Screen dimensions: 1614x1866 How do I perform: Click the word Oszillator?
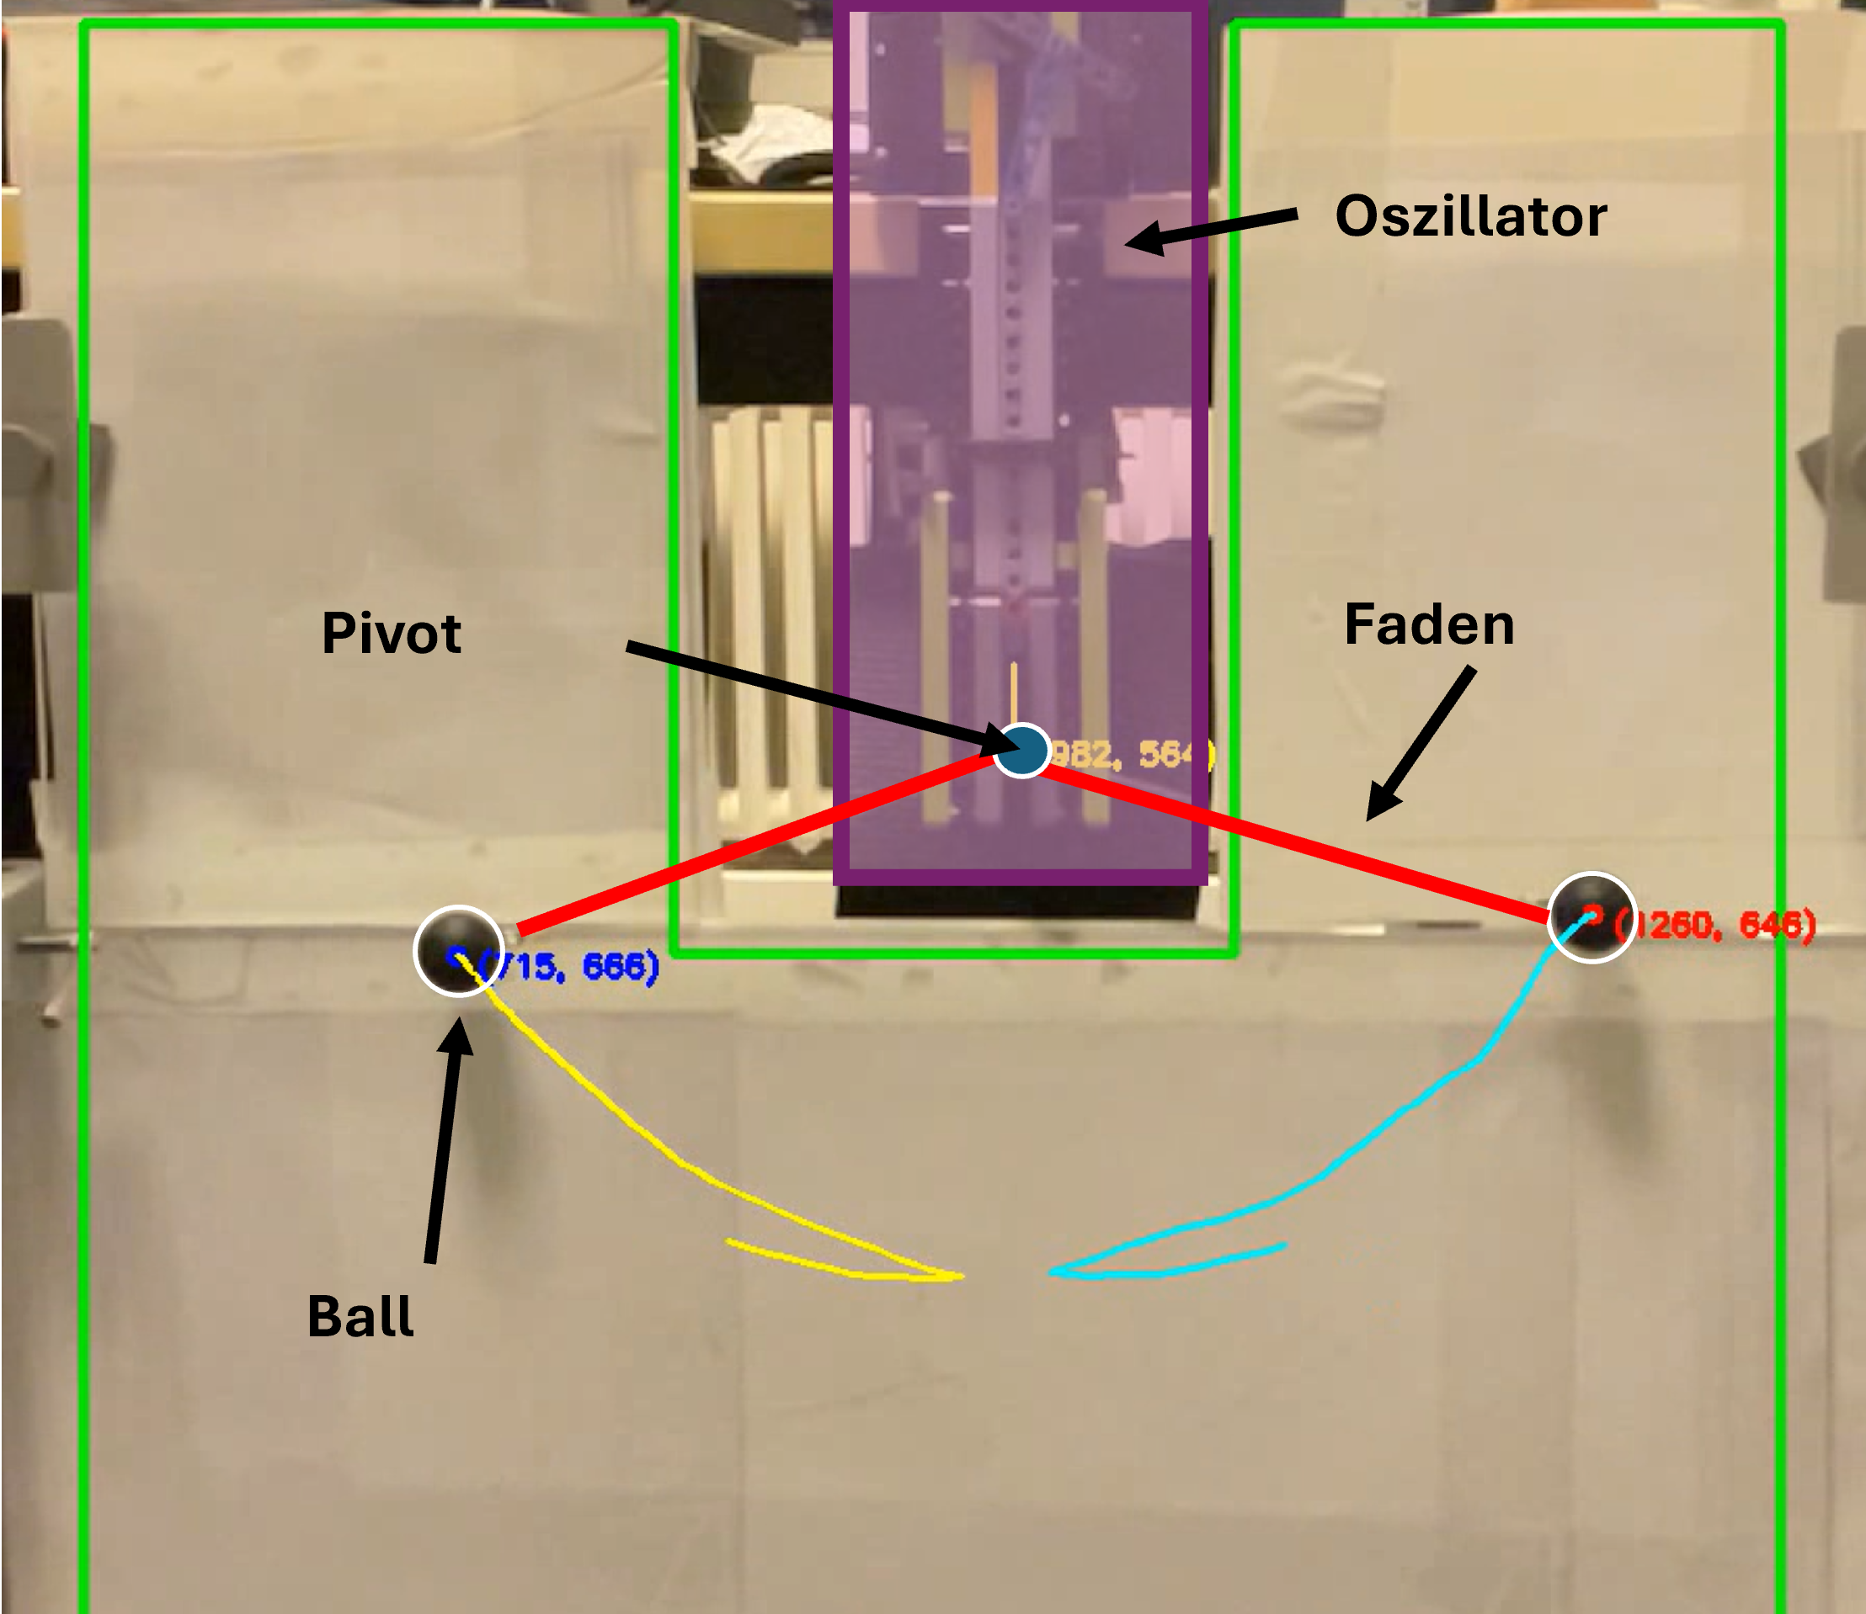click(1470, 217)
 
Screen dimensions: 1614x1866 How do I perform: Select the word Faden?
click(1429, 625)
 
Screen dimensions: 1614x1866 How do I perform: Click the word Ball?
click(360, 1317)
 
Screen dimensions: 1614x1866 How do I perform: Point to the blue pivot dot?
click(1021, 749)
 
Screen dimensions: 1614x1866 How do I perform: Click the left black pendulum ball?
click(458, 951)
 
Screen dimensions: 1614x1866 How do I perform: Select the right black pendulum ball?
click(1591, 917)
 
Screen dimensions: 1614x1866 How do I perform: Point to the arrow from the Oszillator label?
click(1212, 229)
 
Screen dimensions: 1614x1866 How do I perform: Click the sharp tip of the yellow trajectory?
click(961, 1276)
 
